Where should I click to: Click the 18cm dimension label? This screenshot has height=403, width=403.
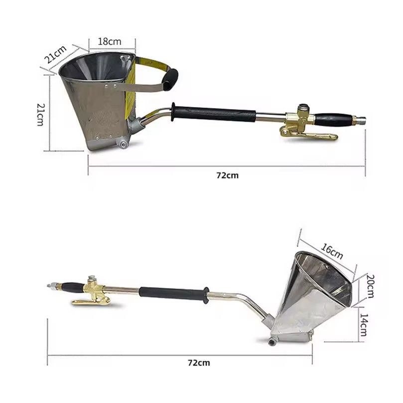click(x=110, y=41)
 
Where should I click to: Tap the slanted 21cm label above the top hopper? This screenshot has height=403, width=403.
click(x=55, y=54)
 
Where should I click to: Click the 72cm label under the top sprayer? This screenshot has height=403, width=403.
click(x=227, y=175)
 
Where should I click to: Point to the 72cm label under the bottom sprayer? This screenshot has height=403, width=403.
click(x=199, y=363)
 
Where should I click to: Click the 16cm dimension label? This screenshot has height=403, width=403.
click(x=332, y=251)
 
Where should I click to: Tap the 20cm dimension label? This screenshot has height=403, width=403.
click(x=370, y=286)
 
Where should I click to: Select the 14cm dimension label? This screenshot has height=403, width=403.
click(x=364, y=325)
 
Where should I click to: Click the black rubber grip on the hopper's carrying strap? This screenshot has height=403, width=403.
click(x=171, y=79)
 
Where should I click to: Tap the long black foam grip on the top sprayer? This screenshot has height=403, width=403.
click(x=214, y=113)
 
